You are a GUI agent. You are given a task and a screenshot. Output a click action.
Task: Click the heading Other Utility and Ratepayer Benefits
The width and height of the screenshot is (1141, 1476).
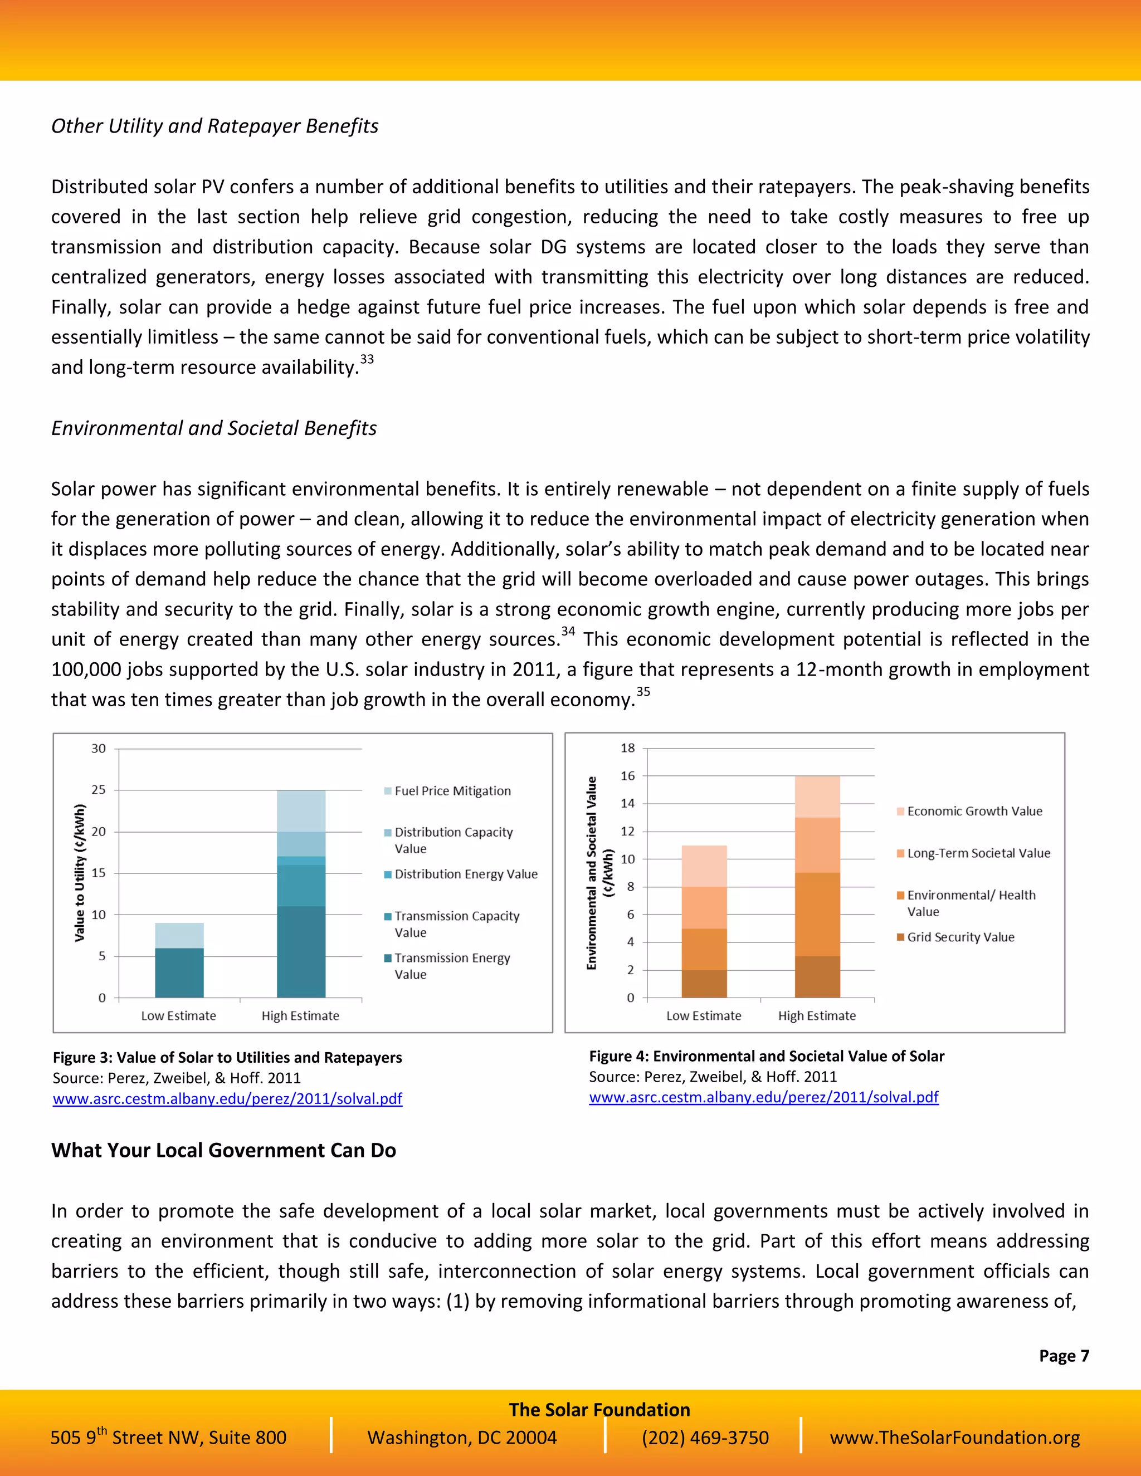tap(214, 126)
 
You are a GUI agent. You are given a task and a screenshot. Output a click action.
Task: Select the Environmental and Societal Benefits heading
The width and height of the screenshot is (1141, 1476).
tap(213, 428)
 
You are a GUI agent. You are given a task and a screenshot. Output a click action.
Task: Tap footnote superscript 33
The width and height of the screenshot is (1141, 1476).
tap(367, 360)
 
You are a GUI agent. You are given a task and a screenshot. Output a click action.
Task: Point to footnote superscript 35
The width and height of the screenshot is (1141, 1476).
tap(643, 691)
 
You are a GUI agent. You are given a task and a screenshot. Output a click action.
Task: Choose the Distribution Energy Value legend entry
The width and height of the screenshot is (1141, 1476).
tap(466, 874)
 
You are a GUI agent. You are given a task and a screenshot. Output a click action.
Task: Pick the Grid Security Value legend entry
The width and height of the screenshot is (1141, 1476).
tap(960, 937)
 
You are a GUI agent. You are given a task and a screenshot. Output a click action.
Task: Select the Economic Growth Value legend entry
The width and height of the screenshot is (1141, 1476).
tap(974, 811)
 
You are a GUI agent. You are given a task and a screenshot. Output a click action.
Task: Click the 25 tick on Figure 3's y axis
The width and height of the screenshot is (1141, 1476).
tap(99, 790)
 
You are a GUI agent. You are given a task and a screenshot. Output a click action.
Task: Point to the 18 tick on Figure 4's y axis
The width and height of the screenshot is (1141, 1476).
tap(628, 748)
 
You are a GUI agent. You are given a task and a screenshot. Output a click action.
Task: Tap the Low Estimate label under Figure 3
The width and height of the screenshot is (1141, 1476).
tap(178, 1016)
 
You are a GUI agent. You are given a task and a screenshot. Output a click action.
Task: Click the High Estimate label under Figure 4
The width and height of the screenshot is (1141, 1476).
tap(817, 1016)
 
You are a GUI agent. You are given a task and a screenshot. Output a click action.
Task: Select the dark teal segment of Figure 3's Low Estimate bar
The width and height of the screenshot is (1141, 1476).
tap(179, 972)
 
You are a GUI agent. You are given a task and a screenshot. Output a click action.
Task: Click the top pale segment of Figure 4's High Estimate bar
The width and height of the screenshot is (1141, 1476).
tap(817, 797)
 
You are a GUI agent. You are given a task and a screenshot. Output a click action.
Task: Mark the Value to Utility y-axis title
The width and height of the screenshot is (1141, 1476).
tap(80, 872)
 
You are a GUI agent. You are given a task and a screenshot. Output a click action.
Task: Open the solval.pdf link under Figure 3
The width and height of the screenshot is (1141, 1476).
tap(227, 1099)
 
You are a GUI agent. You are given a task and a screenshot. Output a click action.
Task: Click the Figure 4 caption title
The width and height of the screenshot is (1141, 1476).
tap(767, 1056)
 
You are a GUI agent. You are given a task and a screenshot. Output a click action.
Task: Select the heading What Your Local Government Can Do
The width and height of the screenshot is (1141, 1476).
tap(223, 1150)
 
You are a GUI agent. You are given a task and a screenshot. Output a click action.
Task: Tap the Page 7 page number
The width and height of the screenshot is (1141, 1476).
tap(1063, 1356)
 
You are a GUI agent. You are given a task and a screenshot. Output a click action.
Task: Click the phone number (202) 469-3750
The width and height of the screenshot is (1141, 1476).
tap(705, 1438)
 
